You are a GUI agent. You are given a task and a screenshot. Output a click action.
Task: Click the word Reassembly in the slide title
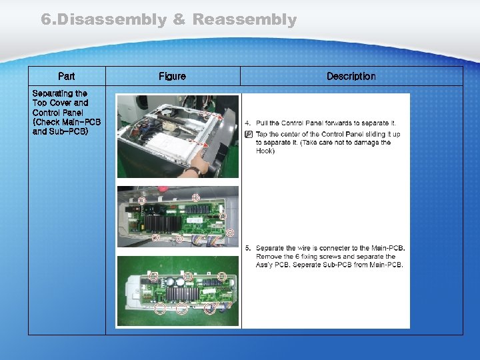pos(244,20)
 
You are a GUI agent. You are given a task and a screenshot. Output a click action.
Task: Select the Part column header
pos(67,77)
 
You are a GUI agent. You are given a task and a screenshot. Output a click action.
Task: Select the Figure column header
pos(172,77)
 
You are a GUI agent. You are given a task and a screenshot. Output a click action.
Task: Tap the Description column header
pos(351,77)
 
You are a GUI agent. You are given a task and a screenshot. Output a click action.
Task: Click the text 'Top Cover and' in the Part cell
pos(60,103)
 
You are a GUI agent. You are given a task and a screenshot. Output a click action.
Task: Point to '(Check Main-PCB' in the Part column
pos(66,122)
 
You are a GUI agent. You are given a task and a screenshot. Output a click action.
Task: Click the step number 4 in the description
pos(247,123)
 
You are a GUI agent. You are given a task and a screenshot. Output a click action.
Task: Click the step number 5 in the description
pos(247,248)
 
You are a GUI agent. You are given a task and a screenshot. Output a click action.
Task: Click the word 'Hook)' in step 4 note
pos(265,151)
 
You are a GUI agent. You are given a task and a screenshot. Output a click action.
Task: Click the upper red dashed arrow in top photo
pos(212,115)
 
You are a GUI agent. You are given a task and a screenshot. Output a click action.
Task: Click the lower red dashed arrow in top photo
pos(199,143)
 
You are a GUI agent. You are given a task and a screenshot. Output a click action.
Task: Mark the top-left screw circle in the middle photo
pos(141,200)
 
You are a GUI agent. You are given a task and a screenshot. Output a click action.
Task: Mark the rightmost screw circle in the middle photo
pos(230,233)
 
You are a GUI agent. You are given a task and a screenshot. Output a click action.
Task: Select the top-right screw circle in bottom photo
pos(222,275)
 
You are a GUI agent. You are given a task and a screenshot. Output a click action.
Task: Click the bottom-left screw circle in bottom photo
pos(160,308)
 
